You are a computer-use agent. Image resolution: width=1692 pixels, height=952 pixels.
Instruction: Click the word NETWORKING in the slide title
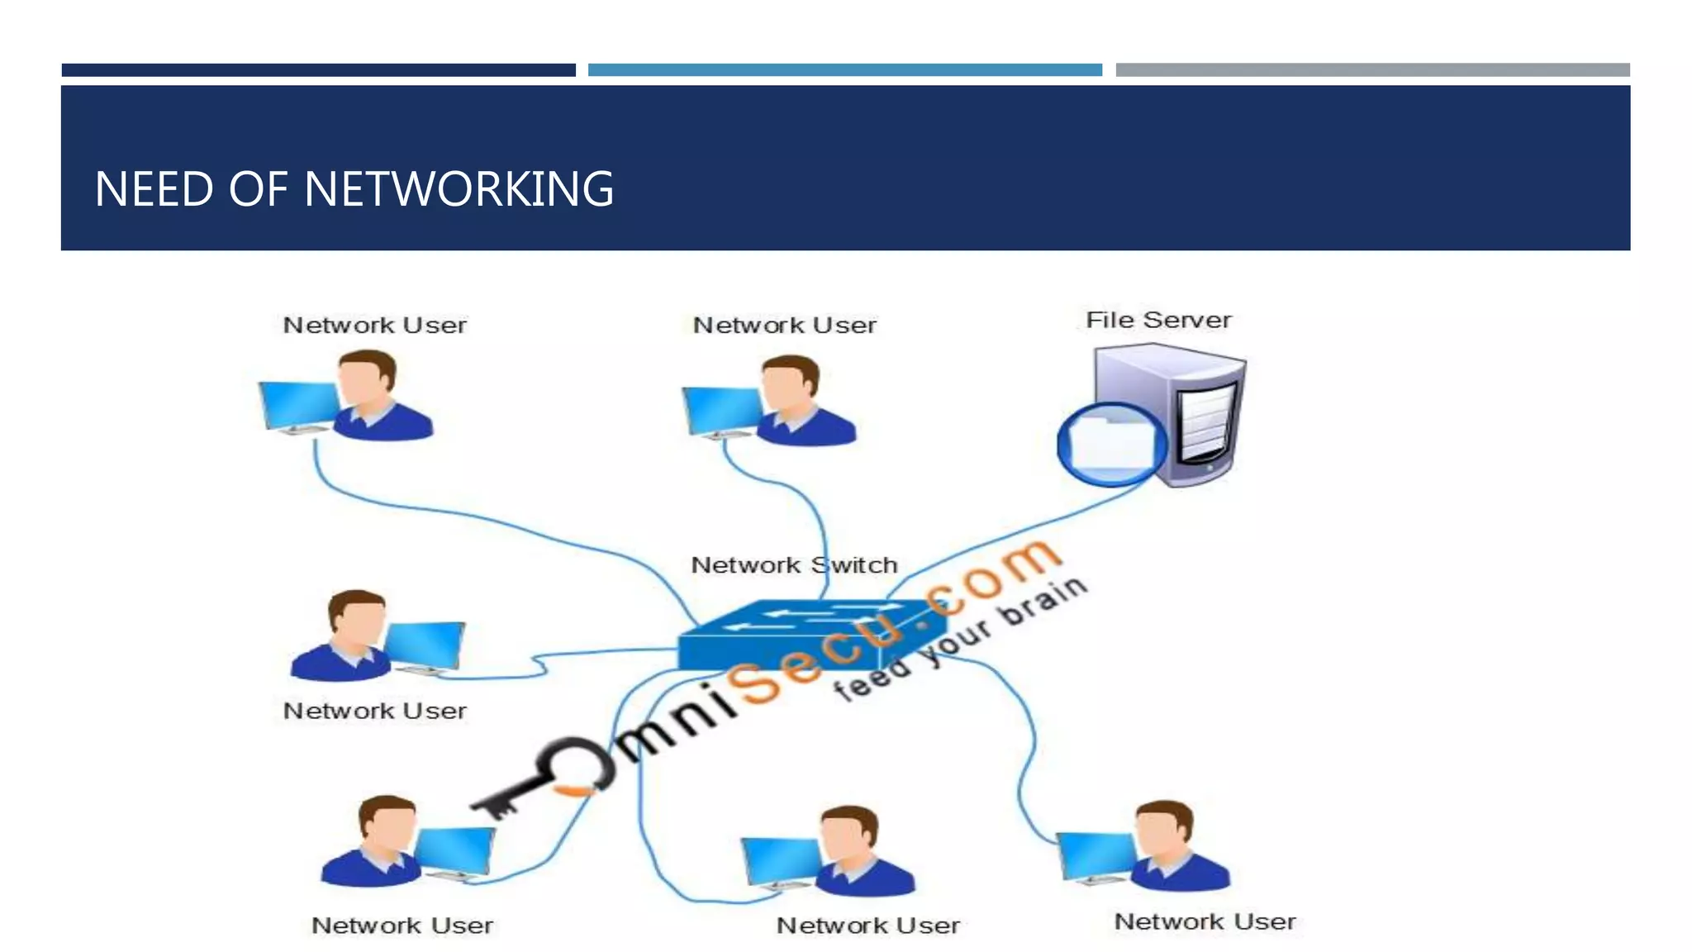point(459,189)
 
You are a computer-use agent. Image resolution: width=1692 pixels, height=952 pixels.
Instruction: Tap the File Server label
point(1157,320)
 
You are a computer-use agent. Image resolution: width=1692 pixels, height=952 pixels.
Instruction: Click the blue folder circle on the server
point(1110,445)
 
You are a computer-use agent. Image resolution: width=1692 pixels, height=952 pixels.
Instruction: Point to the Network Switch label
point(793,565)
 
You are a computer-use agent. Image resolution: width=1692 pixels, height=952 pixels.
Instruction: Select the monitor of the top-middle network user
point(720,411)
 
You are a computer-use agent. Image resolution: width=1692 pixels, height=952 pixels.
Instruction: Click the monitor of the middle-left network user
point(424,645)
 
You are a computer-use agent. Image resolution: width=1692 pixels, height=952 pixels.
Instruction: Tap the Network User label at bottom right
point(1204,921)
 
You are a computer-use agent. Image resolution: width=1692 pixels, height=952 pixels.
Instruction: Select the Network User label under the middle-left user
point(374,711)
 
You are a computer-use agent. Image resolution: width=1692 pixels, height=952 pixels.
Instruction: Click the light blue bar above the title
point(844,70)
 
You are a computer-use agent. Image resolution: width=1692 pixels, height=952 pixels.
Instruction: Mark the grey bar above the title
point(1372,70)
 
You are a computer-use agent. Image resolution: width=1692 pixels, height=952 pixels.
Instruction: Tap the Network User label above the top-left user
point(374,325)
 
